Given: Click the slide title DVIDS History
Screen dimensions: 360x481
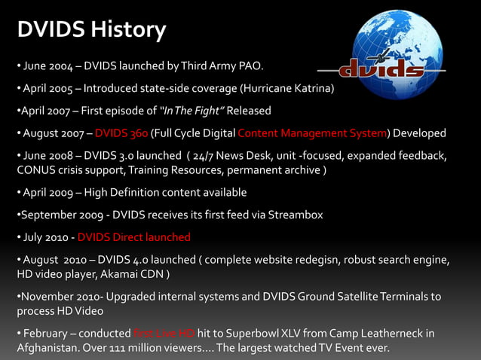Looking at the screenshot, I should pos(91,30).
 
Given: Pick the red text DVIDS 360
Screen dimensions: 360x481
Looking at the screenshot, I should pos(121,133).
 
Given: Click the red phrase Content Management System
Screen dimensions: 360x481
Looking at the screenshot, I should pos(312,133).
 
